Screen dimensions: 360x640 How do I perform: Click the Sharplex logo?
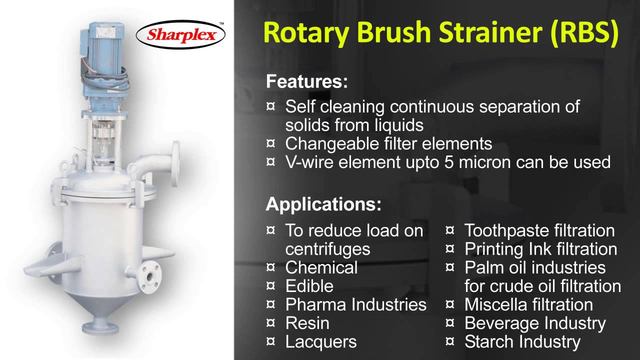(x=180, y=35)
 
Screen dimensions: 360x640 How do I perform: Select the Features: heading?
(x=306, y=81)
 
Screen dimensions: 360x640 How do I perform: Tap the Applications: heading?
(x=323, y=204)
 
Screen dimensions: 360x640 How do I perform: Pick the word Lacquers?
(x=321, y=342)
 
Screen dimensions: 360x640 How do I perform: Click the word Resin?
(x=307, y=323)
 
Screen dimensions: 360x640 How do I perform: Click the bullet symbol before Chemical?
(x=270, y=267)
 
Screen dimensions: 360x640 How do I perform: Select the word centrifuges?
(x=327, y=249)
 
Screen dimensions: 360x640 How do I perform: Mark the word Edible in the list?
(x=309, y=286)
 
